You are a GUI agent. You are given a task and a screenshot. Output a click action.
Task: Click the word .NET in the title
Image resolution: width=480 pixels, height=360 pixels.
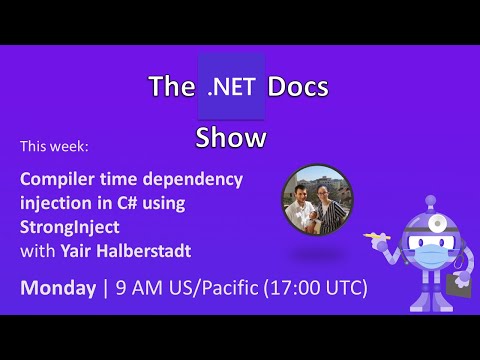point(231,87)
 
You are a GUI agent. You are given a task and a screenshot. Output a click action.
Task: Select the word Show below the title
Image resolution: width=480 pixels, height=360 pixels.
point(231,137)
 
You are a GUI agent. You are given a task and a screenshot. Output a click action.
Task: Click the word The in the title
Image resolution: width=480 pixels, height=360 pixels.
point(170,87)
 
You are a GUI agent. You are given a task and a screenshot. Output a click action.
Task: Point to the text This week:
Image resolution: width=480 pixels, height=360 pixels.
point(55,147)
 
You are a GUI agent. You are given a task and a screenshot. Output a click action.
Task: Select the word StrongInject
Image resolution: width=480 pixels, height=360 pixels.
point(67,223)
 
